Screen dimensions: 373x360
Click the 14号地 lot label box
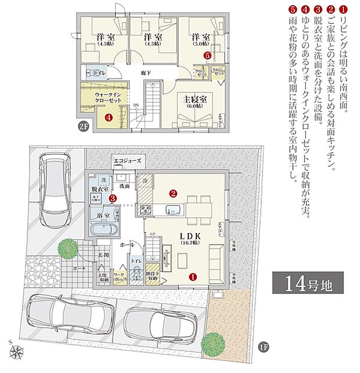tap(303, 285)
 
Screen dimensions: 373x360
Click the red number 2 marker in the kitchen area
tap(172, 193)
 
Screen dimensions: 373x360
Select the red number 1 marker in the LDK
tap(193, 278)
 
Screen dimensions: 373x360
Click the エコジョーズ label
tap(127, 160)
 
